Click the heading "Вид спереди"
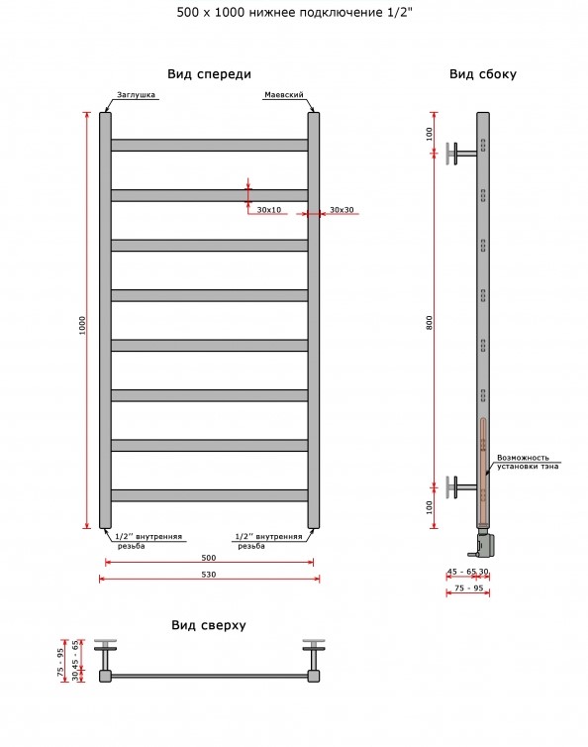tap(209, 74)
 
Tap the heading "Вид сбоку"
tap(483, 74)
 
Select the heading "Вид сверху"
tap(209, 625)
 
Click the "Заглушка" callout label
tap(137, 95)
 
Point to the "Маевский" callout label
tap(284, 95)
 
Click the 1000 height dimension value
tap(82, 325)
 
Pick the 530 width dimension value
tap(209, 575)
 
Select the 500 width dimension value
tap(209, 558)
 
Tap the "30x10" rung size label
tap(269, 210)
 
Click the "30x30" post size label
tap(342, 210)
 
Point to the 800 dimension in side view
tap(430, 323)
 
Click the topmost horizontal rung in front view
tap(209, 146)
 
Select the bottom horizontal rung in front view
tap(209, 495)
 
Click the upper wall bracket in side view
tap(460, 154)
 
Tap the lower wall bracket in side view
tap(460, 486)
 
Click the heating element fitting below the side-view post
tap(484, 543)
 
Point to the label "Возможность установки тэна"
tap(528, 462)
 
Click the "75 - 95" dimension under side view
tap(468, 588)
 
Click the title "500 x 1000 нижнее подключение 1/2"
tap(295, 13)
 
